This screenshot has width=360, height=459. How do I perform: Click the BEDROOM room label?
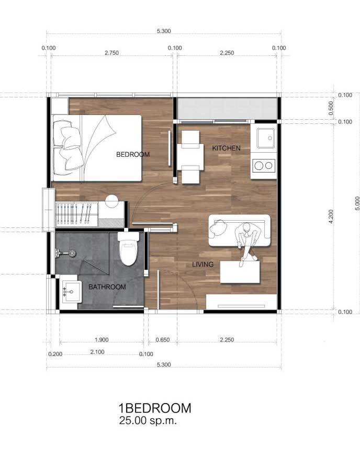pyautogui.click(x=133, y=154)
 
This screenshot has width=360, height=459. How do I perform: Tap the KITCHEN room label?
pyautogui.click(x=226, y=148)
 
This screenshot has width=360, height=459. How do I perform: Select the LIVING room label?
pyautogui.click(x=203, y=265)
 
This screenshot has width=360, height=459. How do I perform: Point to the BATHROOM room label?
pyautogui.click(x=107, y=287)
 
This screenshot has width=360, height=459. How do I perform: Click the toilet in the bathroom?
pyautogui.click(x=128, y=248)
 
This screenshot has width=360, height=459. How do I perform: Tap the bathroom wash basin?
pyautogui.click(x=72, y=291)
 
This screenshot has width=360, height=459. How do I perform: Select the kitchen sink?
pyautogui.click(x=266, y=138)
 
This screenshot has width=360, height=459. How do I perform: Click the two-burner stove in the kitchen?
pyautogui.click(x=264, y=166)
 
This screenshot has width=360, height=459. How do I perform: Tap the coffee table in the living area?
pyautogui.click(x=240, y=272)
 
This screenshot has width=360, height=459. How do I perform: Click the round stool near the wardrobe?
pyautogui.click(x=111, y=201)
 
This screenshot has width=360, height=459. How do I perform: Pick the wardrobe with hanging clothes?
pyautogui.click(x=77, y=214)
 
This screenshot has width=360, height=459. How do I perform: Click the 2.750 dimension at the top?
pyautogui.click(x=111, y=53)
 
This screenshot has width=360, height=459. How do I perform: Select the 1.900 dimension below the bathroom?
pyautogui.click(x=102, y=340)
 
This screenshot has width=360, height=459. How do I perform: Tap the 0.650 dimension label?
pyautogui.click(x=163, y=340)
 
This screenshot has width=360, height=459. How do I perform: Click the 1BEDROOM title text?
pyautogui.click(x=155, y=408)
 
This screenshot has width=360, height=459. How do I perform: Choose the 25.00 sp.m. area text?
pyautogui.click(x=148, y=421)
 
